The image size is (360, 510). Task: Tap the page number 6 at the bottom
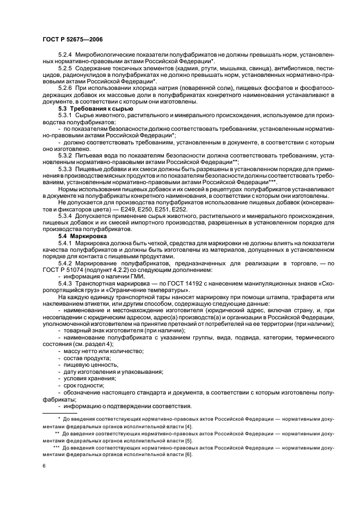pos(43,466)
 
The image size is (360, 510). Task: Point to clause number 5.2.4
pos(65,56)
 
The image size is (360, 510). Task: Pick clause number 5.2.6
pos(65,87)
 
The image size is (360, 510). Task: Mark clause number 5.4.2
pos(65,263)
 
